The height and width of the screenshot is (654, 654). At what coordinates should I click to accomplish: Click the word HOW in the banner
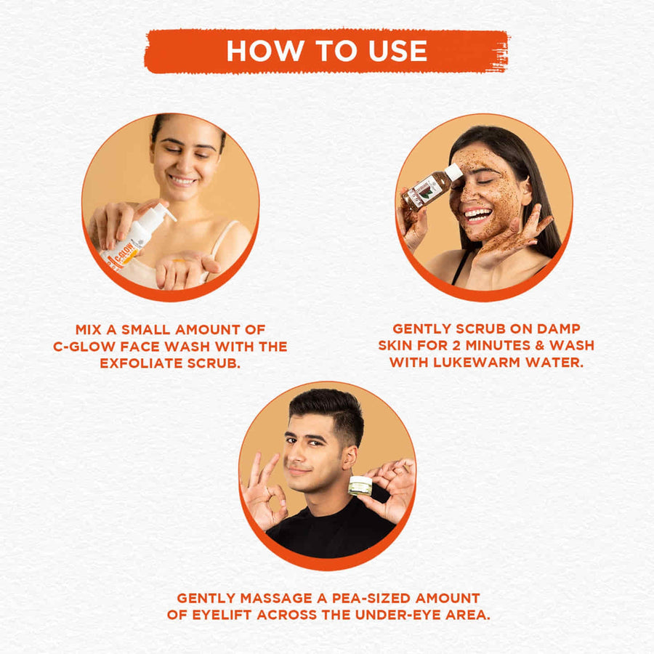pyautogui.click(x=265, y=51)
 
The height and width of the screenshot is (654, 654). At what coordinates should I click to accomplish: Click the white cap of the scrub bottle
pyautogui.click(x=453, y=172)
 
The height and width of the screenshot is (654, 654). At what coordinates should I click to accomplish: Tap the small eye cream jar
pyautogui.click(x=360, y=485)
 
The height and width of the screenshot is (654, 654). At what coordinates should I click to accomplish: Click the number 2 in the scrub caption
pyautogui.click(x=458, y=346)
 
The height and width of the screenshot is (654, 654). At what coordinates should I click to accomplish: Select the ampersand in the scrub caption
pyautogui.click(x=540, y=346)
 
